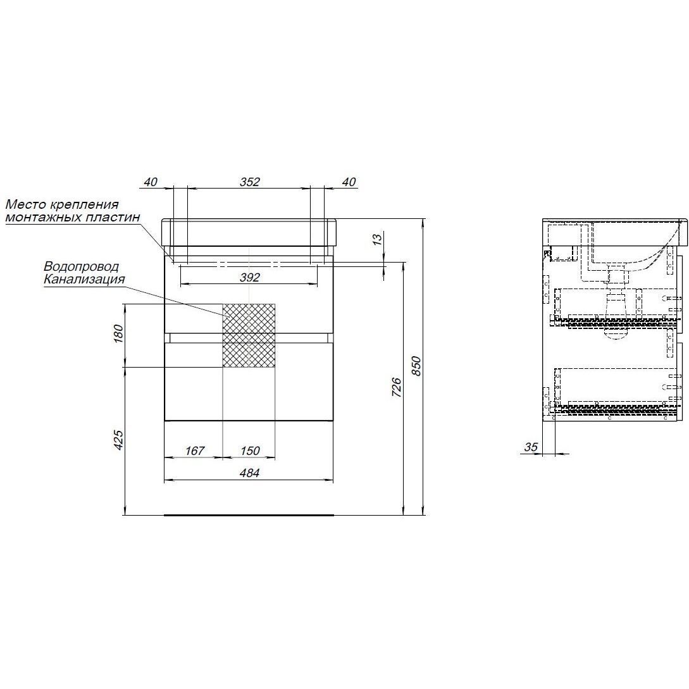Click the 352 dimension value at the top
pyautogui.click(x=249, y=182)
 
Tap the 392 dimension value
pyautogui.click(x=249, y=277)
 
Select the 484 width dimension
pyautogui.click(x=249, y=473)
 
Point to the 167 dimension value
pyautogui.click(x=195, y=450)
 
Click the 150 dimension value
pyautogui.click(x=250, y=450)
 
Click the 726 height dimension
pyautogui.click(x=396, y=387)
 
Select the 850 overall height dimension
pyautogui.click(x=416, y=366)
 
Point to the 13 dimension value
pyautogui.click(x=377, y=240)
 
